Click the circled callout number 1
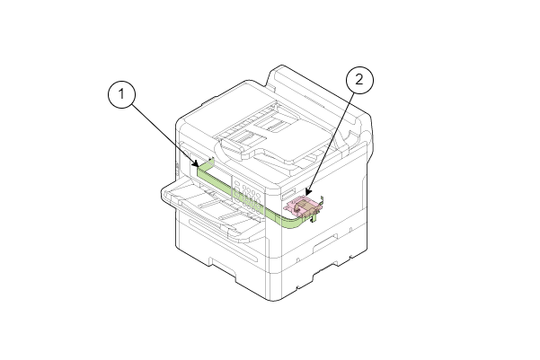tap(121, 94)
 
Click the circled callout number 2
tap(359, 80)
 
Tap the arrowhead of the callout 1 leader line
tap(196, 163)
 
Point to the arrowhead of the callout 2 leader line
tap(308, 191)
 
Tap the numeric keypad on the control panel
tap(250, 198)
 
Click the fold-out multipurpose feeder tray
tap(211, 209)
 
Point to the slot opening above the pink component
tap(288, 194)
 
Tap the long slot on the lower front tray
tap(223, 241)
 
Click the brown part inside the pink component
tap(305, 206)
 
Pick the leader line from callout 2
tap(330, 142)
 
